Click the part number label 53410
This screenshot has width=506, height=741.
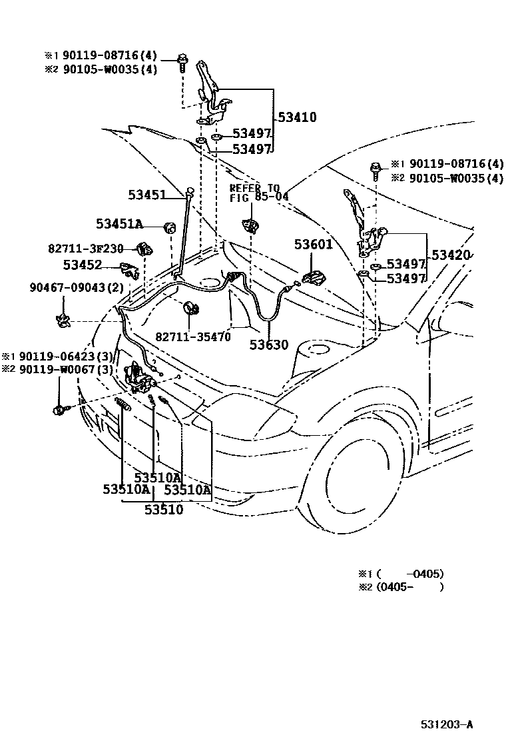[297, 118]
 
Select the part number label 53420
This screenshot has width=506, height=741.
[451, 255]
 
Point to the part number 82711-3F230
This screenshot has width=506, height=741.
[85, 249]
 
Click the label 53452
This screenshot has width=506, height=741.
[83, 265]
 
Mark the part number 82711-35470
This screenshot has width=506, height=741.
[193, 337]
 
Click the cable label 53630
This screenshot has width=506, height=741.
[269, 345]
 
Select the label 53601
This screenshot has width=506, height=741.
[313, 245]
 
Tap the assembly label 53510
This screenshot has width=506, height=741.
[164, 509]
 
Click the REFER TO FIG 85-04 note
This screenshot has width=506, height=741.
[260, 193]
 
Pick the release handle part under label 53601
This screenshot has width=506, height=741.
[312, 277]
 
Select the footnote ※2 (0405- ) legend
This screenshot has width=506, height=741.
[400, 587]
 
